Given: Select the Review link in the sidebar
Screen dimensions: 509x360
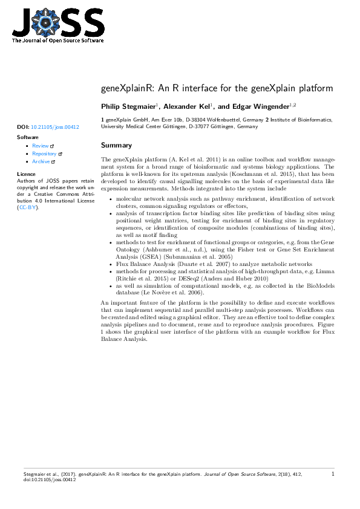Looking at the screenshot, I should [x=41, y=146].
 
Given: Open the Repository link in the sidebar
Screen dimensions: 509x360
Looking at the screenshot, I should [x=45, y=154].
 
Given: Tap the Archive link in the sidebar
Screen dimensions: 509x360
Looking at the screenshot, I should [x=41, y=161].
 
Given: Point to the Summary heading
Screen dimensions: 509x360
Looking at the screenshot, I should [x=116, y=146].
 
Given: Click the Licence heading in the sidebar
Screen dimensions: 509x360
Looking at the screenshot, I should [x=27, y=174].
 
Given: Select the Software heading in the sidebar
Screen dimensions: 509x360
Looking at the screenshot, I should [x=28, y=137].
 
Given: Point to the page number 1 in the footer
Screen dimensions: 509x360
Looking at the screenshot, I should [x=333, y=475].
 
